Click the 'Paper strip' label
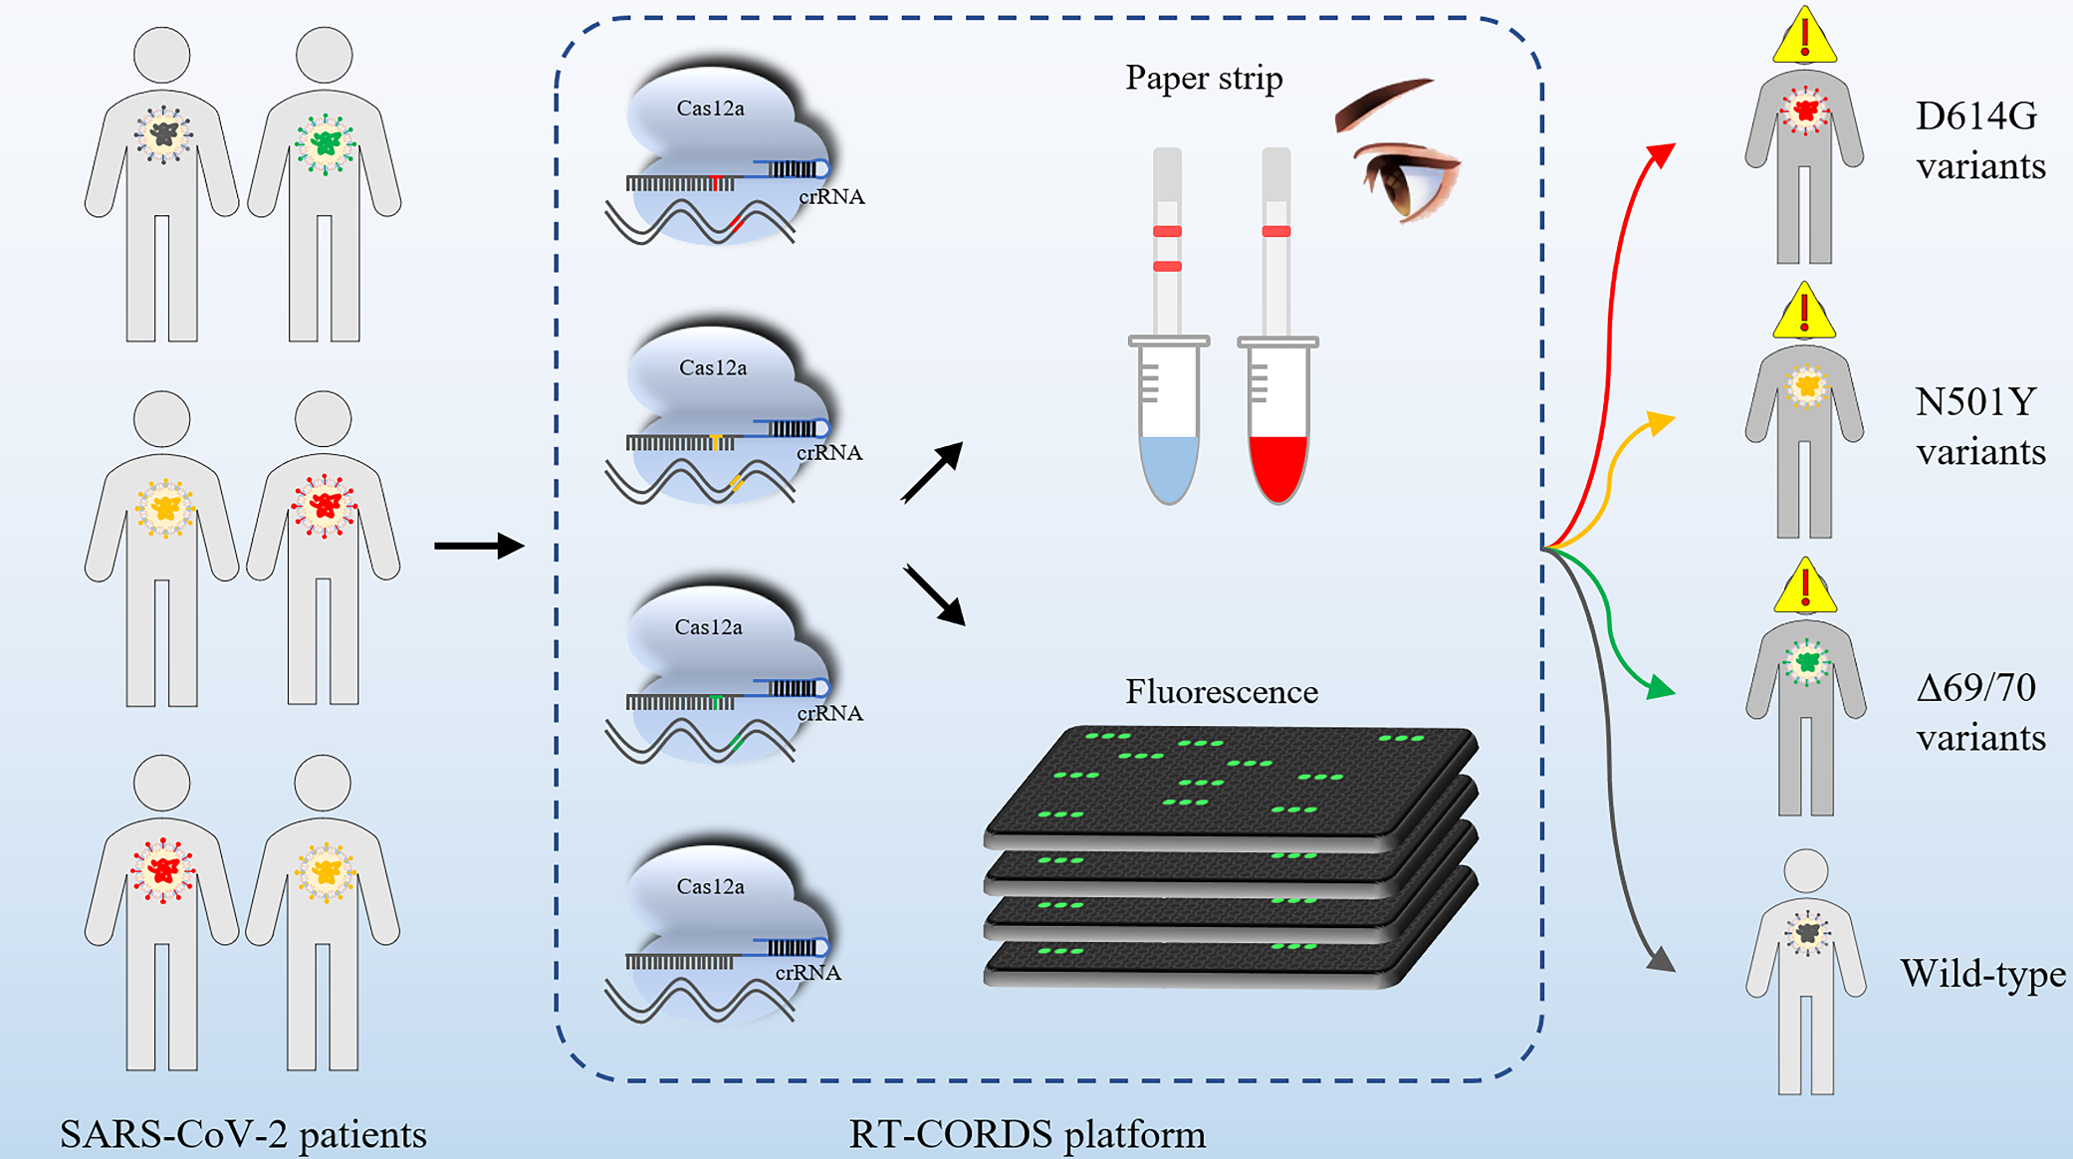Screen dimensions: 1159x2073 [x=1204, y=79]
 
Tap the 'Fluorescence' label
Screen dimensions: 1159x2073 [x=1222, y=692]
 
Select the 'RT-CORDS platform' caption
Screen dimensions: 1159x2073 [x=1027, y=1134]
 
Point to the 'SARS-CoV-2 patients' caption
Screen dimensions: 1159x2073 [x=243, y=1134]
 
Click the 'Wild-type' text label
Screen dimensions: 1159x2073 [x=1982, y=973]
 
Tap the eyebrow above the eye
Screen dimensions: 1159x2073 [x=1383, y=104]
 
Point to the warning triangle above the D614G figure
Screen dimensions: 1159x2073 [x=1804, y=36]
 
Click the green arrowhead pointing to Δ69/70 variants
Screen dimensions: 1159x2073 [x=1660, y=687]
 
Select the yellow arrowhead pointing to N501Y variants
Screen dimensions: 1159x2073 [x=1660, y=422]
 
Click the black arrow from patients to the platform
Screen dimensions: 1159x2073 [x=479, y=546]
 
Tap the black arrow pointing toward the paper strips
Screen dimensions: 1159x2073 [x=933, y=472]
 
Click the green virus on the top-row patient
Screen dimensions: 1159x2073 [x=325, y=143]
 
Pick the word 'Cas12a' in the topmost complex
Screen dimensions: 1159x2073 [x=710, y=109]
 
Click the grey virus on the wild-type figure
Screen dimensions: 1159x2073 [x=1806, y=933]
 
